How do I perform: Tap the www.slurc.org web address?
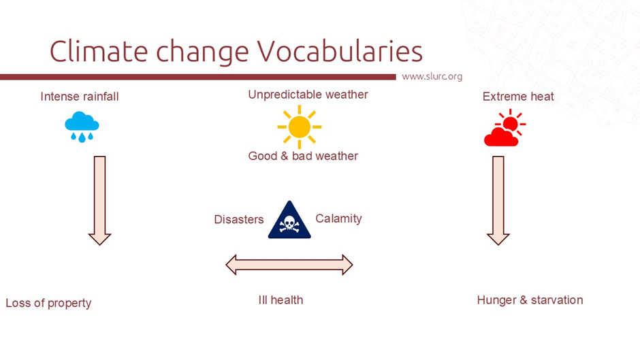[432, 76]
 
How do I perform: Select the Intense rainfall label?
[80, 97]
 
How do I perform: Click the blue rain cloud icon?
[82, 127]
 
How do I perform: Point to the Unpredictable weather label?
[308, 95]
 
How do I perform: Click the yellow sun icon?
[299, 127]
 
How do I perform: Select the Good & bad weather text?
[303, 156]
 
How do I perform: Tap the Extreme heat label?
[518, 97]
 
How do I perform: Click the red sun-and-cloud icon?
[505, 129]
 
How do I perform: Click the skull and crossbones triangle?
[289, 222]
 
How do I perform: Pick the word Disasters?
[239, 219]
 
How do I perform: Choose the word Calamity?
[338, 218]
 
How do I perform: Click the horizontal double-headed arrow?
[289, 265]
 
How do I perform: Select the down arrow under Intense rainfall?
[99, 199]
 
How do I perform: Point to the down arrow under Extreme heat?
[498, 199]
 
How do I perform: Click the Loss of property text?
[48, 303]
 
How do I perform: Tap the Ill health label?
[281, 300]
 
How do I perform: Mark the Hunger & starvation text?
[530, 300]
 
